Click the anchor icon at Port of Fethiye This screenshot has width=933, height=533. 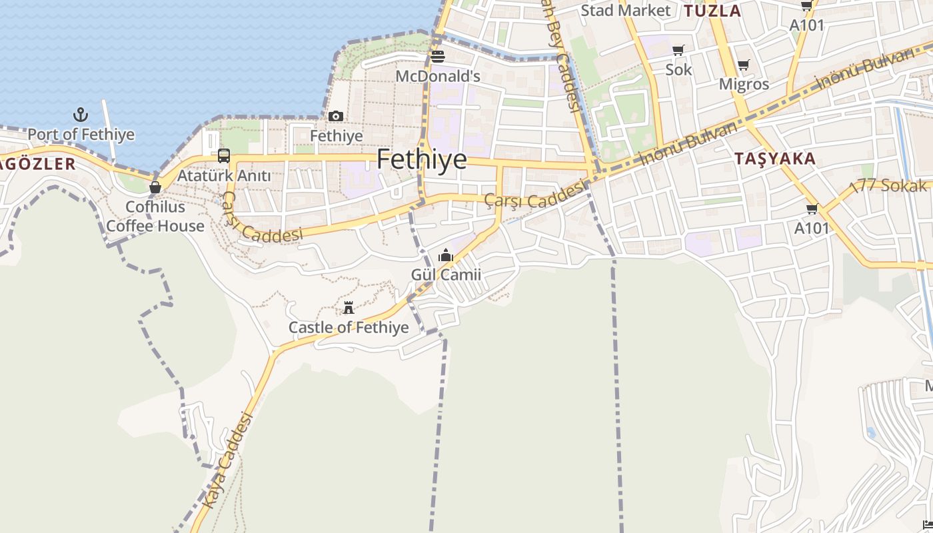pos(81,115)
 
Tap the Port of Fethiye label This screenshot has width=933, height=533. pos(81,135)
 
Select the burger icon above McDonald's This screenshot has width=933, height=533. pos(438,57)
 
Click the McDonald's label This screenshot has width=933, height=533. pos(438,77)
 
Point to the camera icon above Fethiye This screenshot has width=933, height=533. pos(336,117)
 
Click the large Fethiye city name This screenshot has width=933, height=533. pos(421,160)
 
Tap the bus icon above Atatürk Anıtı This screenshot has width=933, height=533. pos(224,156)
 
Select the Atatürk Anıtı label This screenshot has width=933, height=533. pos(224,176)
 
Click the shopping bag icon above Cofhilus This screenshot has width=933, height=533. pos(155,187)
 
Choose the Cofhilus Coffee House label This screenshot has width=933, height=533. pos(155,217)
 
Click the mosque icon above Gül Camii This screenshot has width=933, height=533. pos(446,255)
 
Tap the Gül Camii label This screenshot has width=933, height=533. pos(446,275)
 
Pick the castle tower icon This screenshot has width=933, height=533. pos(348,308)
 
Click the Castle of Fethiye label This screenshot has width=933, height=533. pos(348,328)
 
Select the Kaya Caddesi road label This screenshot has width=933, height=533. pos(229,460)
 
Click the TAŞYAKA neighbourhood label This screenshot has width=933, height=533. pos(775,159)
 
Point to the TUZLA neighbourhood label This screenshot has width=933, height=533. pos(712,11)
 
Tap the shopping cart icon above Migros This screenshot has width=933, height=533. pos(744,65)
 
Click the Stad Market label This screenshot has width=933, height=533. pos(625,11)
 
